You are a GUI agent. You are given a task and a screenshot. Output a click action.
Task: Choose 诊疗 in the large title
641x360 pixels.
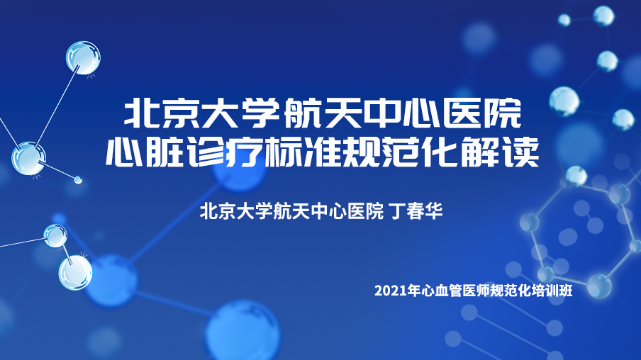pos(225,152)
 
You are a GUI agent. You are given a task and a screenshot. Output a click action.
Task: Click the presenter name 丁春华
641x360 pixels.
pos(416,211)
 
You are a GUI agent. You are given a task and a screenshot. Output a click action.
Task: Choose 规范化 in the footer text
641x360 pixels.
pos(511,291)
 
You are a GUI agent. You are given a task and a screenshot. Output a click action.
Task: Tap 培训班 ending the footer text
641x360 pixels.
pos(552,291)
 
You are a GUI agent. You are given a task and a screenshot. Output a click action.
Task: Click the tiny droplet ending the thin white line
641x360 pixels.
pos(78,179)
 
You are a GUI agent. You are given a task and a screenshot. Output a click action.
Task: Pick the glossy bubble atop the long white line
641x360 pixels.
pos(83,57)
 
